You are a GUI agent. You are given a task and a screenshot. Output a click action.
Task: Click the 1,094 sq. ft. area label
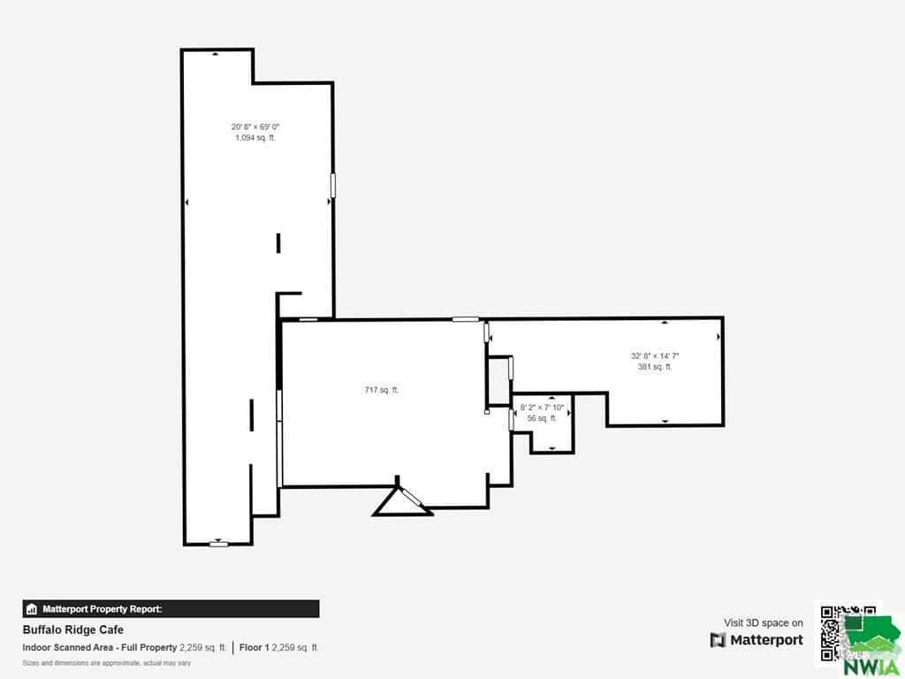255,137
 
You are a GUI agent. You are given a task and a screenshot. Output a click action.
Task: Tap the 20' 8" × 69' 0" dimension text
255,126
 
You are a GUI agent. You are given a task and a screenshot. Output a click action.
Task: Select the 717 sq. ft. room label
382,390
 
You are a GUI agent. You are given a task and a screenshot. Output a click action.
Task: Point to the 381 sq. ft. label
655,367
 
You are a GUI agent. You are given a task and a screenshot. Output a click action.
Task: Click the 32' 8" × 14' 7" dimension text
655,355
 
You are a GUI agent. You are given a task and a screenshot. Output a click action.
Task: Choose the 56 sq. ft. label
542,418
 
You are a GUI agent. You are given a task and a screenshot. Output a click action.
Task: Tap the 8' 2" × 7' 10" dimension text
542,407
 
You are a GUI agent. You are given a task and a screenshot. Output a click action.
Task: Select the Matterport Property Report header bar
171,608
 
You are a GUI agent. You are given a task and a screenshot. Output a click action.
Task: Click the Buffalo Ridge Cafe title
73,629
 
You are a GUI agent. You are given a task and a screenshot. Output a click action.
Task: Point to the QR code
848,633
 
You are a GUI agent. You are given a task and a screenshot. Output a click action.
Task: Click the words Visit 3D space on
763,622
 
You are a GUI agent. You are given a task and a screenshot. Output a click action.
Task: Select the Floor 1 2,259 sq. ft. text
278,647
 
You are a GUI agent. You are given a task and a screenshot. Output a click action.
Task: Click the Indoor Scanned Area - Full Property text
99,647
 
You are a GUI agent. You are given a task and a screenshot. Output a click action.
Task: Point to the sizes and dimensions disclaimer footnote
107,663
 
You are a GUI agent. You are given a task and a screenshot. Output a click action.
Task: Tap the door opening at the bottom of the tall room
218,544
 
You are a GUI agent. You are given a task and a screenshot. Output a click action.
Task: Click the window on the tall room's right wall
332,185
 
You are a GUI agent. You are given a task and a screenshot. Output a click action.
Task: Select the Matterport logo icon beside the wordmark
718,640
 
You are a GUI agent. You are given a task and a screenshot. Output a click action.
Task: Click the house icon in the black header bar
32,608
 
